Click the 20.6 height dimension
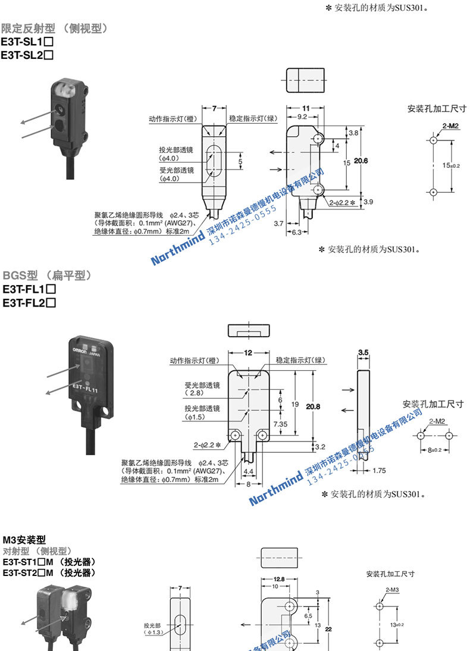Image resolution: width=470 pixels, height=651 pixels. pyautogui.click(x=362, y=161)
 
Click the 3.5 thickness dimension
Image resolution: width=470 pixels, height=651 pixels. pyautogui.click(x=364, y=353)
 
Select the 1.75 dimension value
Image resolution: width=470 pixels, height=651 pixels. pyautogui.click(x=378, y=470)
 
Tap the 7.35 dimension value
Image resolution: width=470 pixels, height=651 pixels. pyautogui.click(x=281, y=422)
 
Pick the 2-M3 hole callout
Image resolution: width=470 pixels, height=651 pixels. pyautogui.click(x=392, y=589)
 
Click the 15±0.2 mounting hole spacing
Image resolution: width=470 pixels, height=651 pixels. pyautogui.click(x=451, y=165)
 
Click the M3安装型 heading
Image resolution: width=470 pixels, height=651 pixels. pyautogui.click(x=24, y=540)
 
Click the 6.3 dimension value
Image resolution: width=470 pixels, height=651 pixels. pyautogui.click(x=295, y=231)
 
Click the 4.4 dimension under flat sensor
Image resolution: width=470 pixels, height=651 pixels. pyautogui.click(x=248, y=471)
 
